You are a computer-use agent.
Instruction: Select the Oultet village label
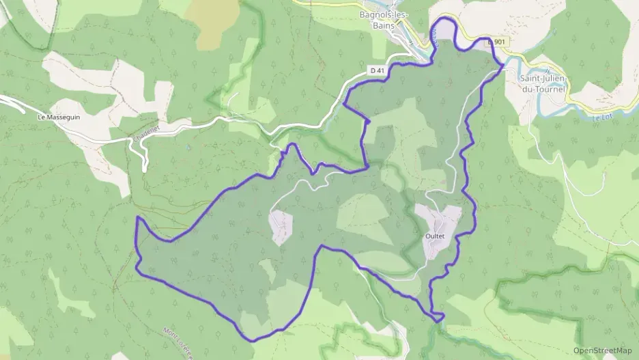(x=435, y=236)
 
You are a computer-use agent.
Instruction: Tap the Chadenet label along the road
(x=145, y=133)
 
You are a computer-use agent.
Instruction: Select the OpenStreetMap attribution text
(x=603, y=350)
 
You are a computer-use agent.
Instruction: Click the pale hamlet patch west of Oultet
(x=281, y=227)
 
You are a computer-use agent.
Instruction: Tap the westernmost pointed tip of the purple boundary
(x=137, y=218)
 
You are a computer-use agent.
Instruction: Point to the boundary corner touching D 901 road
(x=502, y=65)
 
